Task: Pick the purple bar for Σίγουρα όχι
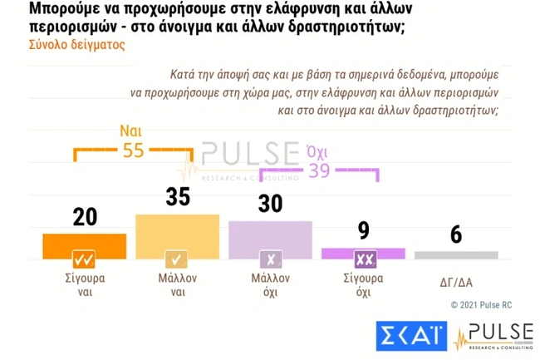363,252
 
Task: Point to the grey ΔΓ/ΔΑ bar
456,254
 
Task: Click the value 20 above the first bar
85,216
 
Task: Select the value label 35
177,197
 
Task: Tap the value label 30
270,204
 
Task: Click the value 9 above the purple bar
363,229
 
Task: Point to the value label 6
456,234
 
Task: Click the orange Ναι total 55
134,150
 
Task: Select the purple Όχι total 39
320,170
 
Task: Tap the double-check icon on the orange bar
84,257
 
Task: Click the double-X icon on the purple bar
363,257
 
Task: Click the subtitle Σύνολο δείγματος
66,45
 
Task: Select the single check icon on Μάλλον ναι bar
177,257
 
